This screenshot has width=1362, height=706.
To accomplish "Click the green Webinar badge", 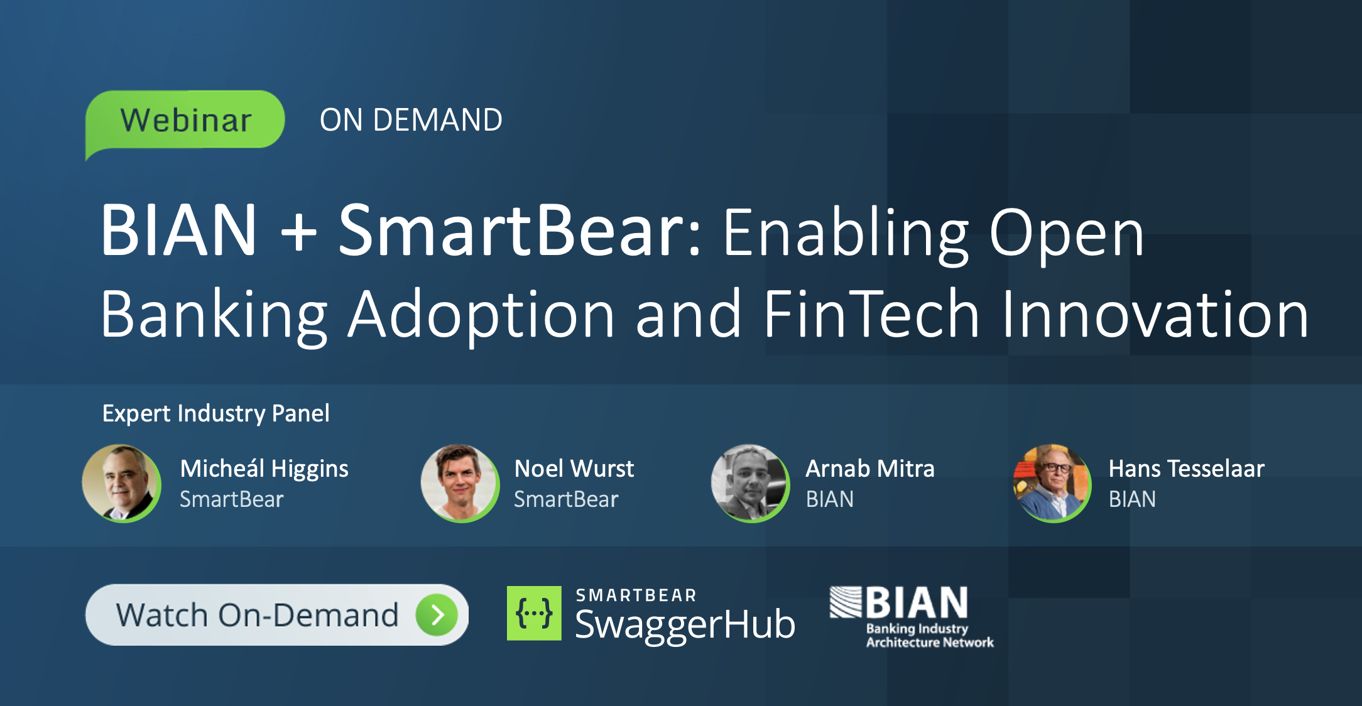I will click(x=185, y=120).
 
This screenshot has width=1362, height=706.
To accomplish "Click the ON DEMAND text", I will click(x=411, y=120).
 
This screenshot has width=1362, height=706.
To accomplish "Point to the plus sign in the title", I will click(x=298, y=232).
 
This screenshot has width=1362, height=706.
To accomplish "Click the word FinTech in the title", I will click(x=871, y=314).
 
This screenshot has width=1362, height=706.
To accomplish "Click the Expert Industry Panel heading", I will click(x=215, y=413).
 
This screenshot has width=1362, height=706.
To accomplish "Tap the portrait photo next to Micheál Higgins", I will click(x=121, y=483).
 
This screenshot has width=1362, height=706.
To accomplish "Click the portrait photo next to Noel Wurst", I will click(x=460, y=483).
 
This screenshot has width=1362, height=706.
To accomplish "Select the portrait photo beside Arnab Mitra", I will click(x=750, y=483).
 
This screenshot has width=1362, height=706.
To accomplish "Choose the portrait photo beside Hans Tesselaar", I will click(x=1052, y=483).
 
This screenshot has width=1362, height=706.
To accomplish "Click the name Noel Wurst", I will click(x=574, y=469).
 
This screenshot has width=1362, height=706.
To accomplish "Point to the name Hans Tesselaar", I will click(x=1186, y=469).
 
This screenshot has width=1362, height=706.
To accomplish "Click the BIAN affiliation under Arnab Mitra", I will click(x=829, y=499).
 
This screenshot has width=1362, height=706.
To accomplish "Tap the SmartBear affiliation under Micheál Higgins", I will click(x=231, y=499).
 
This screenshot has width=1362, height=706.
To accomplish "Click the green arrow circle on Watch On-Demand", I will click(x=437, y=615).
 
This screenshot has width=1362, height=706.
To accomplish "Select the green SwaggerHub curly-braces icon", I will click(x=534, y=613).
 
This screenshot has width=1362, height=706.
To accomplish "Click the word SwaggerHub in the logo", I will click(x=685, y=625).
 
